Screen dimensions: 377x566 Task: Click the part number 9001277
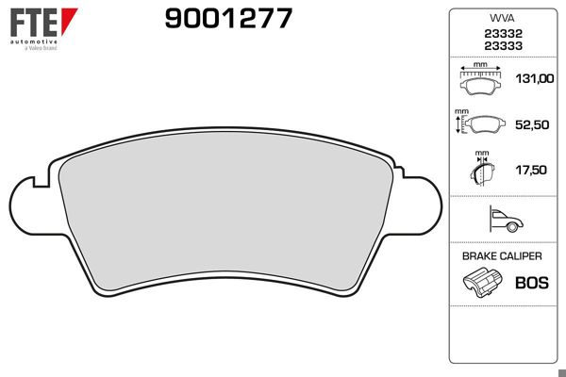(228, 18)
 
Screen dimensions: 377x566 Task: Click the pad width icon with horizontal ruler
(481, 80)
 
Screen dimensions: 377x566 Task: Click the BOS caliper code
(531, 282)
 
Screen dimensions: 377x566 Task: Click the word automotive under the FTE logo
(33, 42)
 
